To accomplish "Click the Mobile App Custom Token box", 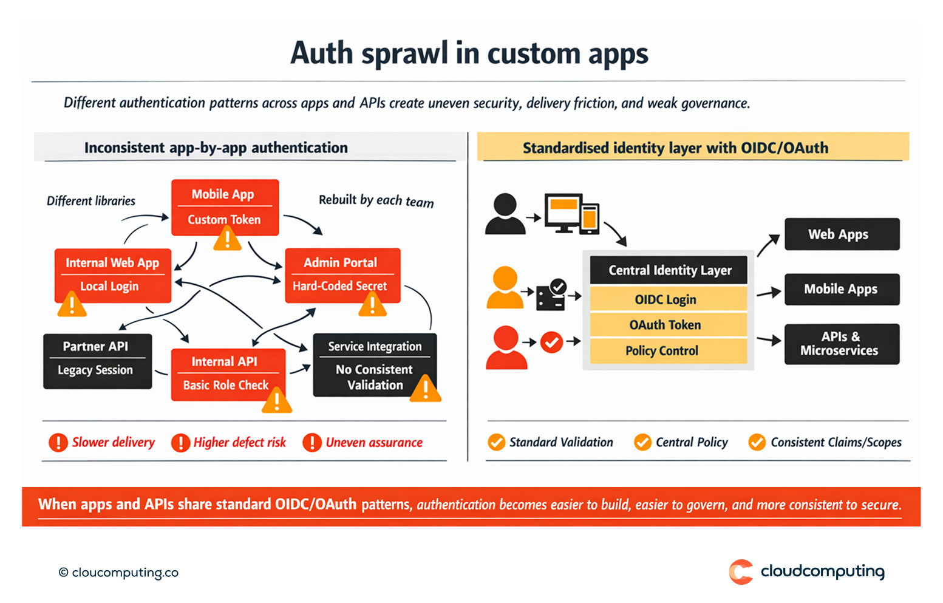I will (x=225, y=207).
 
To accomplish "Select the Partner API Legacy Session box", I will (x=97, y=361).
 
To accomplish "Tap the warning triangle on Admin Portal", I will (x=372, y=305).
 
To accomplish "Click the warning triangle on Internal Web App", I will (x=72, y=305).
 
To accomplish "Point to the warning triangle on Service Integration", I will (x=425, y=389).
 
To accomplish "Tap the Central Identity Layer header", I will (x=669, y=270).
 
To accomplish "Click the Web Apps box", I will (x=842, y=234).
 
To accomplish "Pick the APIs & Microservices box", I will (x=842, y=344).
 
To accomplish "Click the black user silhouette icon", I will (x=505, y=214).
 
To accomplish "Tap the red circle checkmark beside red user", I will (x=551, y=342).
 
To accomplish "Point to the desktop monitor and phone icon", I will (x=571, y=214).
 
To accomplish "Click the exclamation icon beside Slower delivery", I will (x=58, y=442).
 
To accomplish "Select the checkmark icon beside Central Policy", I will (x=642, y=442).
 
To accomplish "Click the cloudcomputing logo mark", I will (x=741, y=572).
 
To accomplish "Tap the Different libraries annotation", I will (x=91, y=201).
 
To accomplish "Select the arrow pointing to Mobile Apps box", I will (x=769, y=293).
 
